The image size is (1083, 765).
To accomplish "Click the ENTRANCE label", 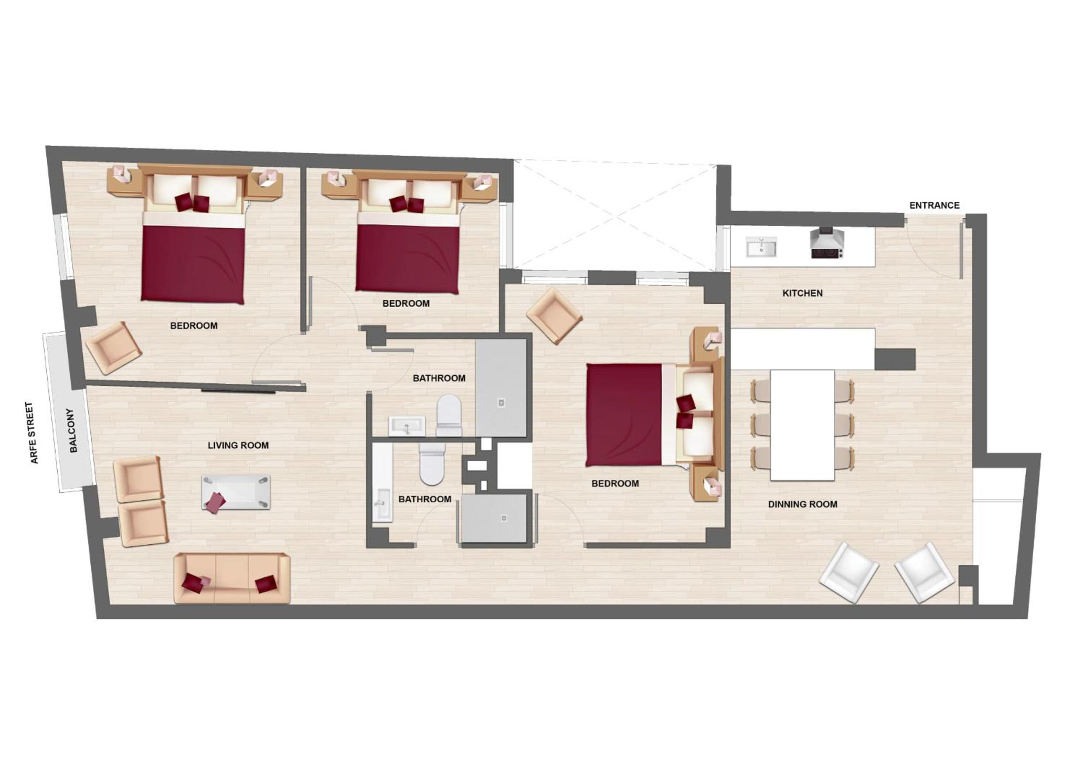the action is pos(934,205).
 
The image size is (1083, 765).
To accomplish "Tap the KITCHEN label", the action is pos(802,293).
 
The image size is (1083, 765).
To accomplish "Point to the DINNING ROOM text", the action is pos(803,504).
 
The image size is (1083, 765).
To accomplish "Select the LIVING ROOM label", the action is pos(238,445).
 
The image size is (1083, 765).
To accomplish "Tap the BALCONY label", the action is pos(72,431).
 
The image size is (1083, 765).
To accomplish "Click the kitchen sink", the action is pos(761,247).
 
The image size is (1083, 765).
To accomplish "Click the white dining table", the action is pos(802,425).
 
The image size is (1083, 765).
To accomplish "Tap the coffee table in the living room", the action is pos(236,492).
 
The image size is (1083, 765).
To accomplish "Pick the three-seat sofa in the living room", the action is pos(232,578).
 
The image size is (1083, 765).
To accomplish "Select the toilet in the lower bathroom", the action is pos(432,463).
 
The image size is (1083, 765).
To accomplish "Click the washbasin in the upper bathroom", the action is pos(406,426).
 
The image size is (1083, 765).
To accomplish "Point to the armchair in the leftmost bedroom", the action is pos(113,348).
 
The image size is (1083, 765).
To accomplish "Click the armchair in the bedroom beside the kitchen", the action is pos(554,316).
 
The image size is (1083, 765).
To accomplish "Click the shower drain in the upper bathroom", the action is pos(501,402).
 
